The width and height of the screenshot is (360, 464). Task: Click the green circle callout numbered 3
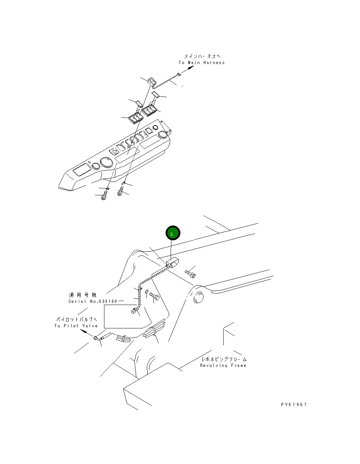[x=172, y=233]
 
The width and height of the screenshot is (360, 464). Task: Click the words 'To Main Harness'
[x=202, y=63]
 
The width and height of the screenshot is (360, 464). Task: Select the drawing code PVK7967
[x=294, y=405]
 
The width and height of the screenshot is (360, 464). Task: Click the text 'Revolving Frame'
[x=223, y=365]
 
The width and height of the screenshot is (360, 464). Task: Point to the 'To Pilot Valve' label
[x=76, y=326]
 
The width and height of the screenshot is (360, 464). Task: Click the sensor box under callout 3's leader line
[x=173, y=264]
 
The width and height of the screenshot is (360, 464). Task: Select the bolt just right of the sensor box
[x=190, y=274]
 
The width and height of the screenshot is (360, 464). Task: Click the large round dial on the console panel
[x=107, y=163]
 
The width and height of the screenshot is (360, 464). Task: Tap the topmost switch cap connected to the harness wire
[x=151, y=82]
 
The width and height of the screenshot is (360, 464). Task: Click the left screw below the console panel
[x=105, y=195]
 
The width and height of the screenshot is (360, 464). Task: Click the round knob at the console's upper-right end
[x=163, y=134]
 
